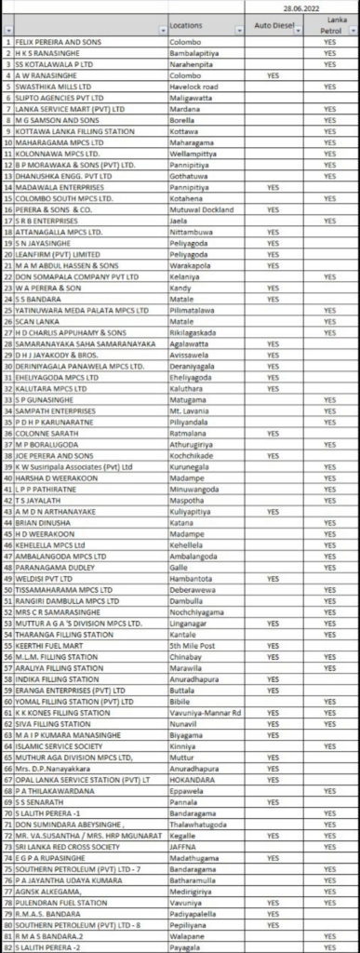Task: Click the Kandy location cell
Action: (x=182, y=289)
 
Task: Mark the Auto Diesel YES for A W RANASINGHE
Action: (x=273, y=74)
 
